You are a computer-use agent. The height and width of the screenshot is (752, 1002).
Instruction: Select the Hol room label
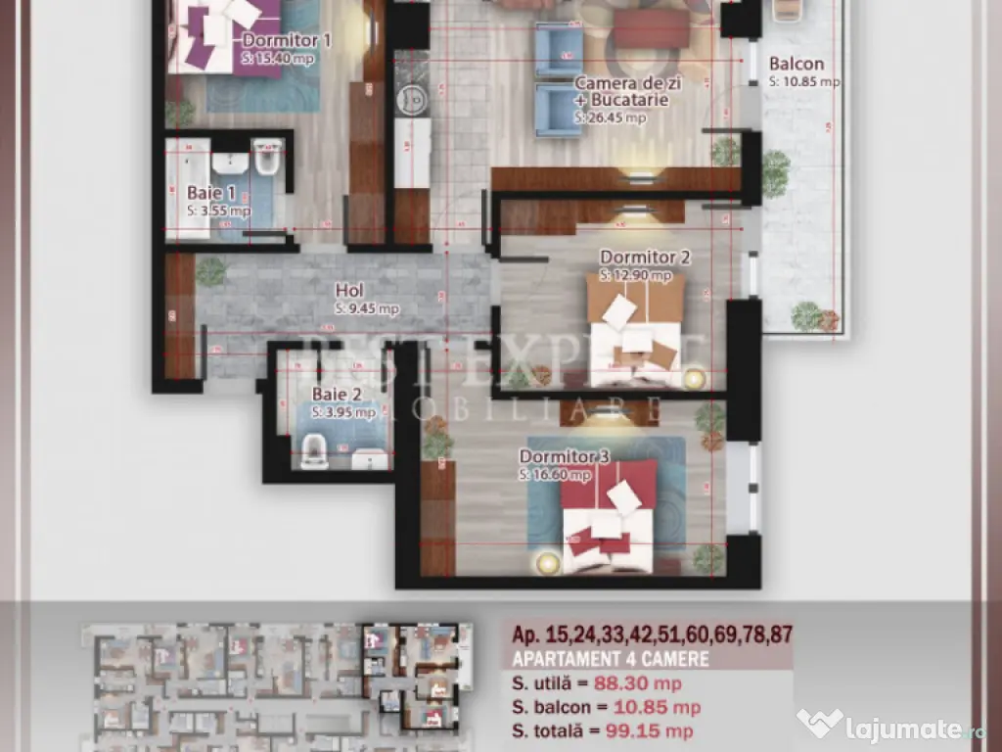(x=349, y=291)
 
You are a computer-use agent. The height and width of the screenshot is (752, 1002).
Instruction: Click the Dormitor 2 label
(x=645, y=258)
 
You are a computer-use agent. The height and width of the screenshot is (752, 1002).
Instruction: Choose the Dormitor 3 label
(x=565, y=456)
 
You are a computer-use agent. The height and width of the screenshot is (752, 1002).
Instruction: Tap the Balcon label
(x=796, y=65)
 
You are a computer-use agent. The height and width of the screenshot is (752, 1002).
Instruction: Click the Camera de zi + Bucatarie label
(x=621, y=92)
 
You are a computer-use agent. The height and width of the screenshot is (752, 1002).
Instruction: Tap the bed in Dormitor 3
(x=609, y=517)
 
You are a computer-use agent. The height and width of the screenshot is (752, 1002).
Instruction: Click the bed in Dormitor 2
(x=634, y=328)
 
